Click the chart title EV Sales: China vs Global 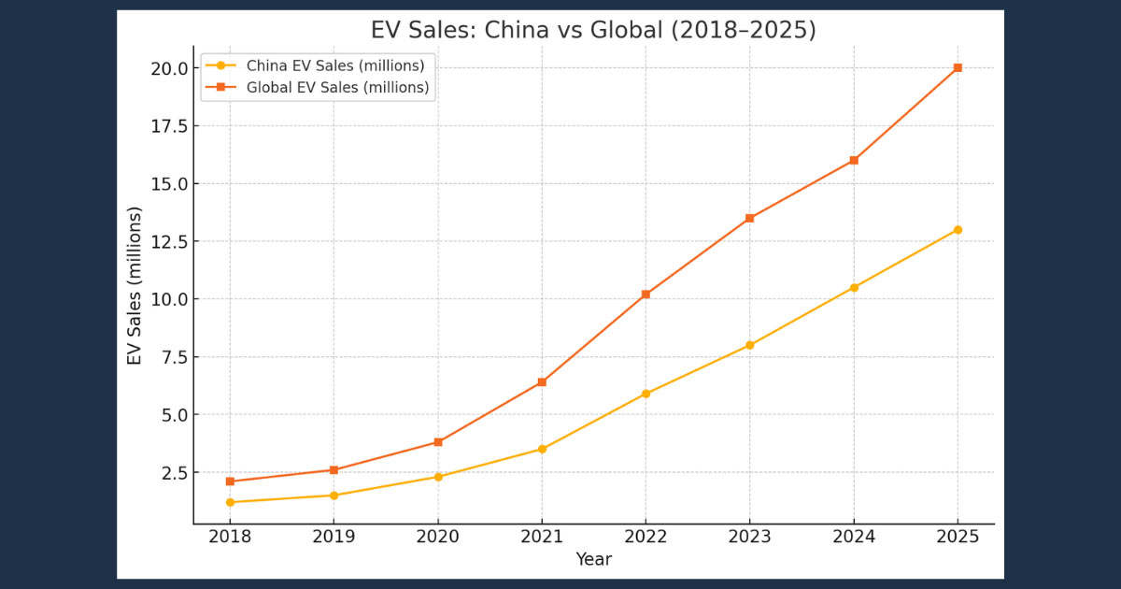[593, 30]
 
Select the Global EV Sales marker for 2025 [958, 68]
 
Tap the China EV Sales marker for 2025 [958, 230]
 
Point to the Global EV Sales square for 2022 [646, 294]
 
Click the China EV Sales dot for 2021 [542, 449]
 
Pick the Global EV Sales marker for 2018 [230, 481]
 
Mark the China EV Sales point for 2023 [749, 345]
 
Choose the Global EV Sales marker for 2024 [854, 161]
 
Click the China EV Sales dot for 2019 [333, 496]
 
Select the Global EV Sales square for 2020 [438, 442]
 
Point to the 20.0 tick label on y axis [169, 68]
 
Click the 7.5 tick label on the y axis [174, 357]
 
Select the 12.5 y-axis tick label [169, 241]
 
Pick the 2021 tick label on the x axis [542, 537]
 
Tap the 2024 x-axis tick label [854, 537]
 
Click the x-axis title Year [593, 559]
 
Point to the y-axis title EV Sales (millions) [135, 286]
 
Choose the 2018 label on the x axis [230, 537]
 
